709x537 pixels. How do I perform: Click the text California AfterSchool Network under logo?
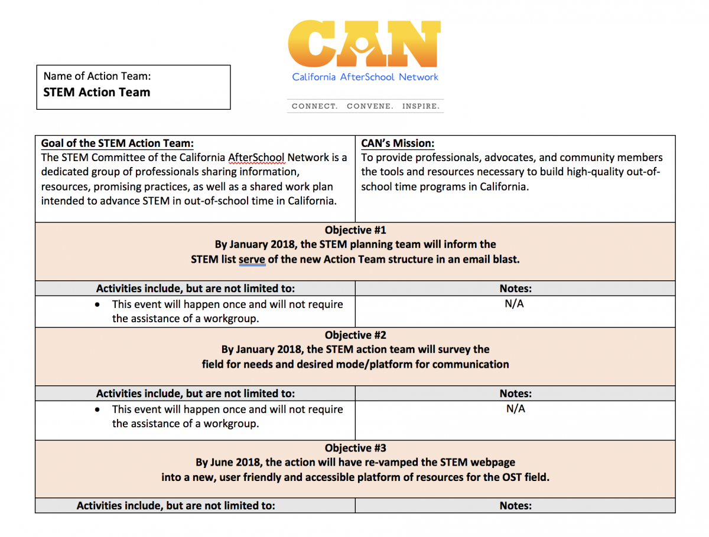point(365,77)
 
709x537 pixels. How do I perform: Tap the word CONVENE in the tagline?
point(370,107)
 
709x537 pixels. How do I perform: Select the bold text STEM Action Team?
point(97,92)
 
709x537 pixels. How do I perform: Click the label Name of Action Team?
point(97,76)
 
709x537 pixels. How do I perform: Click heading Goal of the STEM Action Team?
point(117,143)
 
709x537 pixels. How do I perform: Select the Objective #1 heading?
point(355,230)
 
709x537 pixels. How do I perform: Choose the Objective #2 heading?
point(355,336)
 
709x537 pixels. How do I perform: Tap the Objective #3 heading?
point(355,448)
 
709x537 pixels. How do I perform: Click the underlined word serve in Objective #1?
point(252,259)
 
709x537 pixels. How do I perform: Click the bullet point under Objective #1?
point(97,305)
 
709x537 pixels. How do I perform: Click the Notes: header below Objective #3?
point(515,506)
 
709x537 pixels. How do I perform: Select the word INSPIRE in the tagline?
point(421,107)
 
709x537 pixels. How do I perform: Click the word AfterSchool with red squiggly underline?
point(256,158)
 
